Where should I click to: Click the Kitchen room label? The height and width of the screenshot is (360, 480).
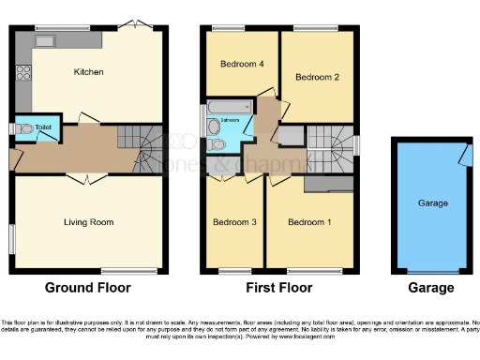click(88, 72)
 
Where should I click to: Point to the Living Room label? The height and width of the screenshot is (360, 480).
click(88, 222)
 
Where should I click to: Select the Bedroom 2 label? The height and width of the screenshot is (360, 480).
click(316, 78)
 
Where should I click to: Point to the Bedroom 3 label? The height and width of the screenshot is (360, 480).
click(233, 222)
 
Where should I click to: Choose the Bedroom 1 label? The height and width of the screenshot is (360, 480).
click(308, 222)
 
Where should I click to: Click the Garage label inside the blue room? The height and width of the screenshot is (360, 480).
click(432, 202)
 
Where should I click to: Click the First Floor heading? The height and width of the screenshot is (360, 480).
click(278, 288)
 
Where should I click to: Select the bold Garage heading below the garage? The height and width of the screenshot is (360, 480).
click(431, 288)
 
